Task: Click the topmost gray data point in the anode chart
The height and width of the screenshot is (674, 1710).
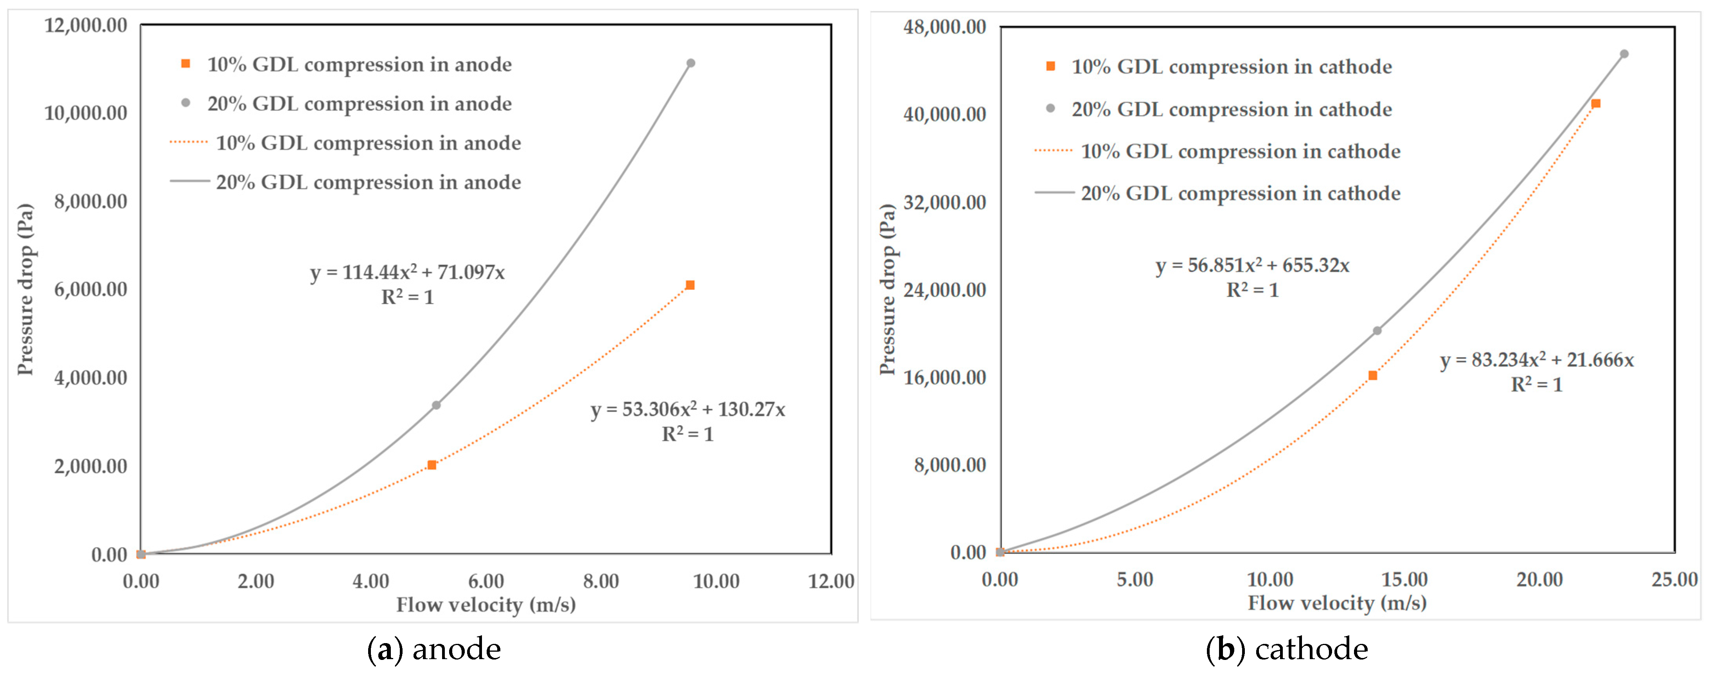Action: (x=690, y=63)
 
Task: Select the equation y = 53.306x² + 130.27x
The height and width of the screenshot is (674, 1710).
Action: (x=688, y=409)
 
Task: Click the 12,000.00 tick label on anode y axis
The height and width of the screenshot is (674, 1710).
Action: (x=86, y=25)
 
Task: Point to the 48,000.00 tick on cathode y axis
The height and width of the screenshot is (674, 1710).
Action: (x=944, y=27)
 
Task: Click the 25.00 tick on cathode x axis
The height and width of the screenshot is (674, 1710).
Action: (x=1674, y=580)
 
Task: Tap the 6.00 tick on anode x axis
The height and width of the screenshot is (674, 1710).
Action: (x=486, y=582)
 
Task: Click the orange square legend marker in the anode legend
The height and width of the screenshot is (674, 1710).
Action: (x=186, y=64)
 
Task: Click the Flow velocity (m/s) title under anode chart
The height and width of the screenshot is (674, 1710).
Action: (x=486, y=605)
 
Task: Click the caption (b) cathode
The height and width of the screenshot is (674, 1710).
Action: (x=1286, y=649)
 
